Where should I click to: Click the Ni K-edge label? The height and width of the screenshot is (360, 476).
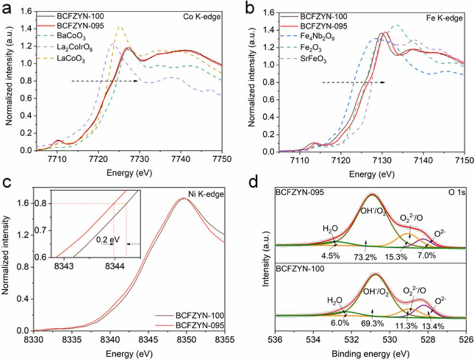[x=212, y=193]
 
